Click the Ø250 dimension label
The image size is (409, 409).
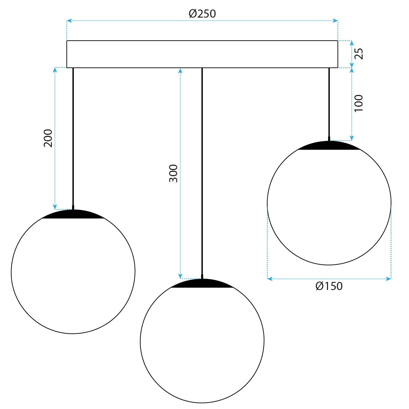click(202, 14)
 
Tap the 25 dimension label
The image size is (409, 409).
click(359, 54)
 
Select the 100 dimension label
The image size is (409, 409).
click(359, 103)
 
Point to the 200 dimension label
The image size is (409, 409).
click(48, 138)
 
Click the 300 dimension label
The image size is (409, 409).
click(173, 173)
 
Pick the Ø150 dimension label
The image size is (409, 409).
click(329, 286)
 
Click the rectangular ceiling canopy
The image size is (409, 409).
click(202, 54)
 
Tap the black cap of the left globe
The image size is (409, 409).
click(73, 214)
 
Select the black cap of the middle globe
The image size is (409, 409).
click(202, 284)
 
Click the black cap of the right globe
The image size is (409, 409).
click(329, 146)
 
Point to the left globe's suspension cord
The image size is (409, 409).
click(73, 136)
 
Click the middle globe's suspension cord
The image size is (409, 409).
click(202, 169)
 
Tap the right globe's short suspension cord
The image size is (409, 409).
click(329, 102)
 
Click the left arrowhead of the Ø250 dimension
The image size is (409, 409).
click(69, 21)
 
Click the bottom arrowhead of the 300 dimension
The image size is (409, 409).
click(181, 277)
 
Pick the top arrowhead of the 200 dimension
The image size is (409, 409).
click(55, 70)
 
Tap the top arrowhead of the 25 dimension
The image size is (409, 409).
click(352, 43)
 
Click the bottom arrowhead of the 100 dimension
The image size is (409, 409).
click(352, 138)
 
